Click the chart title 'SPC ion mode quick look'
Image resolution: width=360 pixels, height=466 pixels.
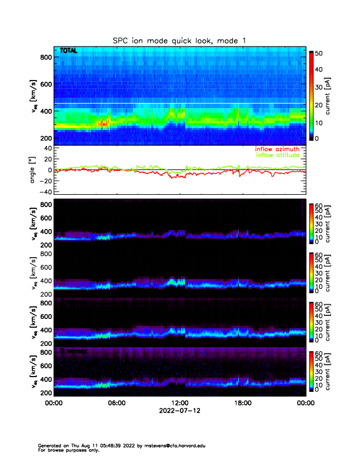pyautogui.click(x=180, y=40)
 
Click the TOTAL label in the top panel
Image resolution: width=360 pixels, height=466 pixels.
pyautogui.click(x=68, y=51)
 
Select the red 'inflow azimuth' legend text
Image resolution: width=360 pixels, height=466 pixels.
pyautogui.click(x=277, y=149)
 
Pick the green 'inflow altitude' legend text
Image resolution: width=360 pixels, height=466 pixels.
pyautogui.click(x=277, y=155)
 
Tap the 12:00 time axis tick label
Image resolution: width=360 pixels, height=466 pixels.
pyautogui.click(x=179, y=403)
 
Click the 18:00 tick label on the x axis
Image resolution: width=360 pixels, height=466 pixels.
pyautogui.click(x=242, y=403)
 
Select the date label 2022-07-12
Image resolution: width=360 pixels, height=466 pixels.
pyautogui.click(x=179, y=411)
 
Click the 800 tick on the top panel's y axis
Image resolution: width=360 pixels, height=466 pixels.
pyautogui.click(x=46, y=57)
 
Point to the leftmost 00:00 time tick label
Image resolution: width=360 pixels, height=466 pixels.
pyautogui.click(x=54, y=403)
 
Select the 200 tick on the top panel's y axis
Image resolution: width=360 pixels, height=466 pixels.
pyautogui.click(x=46, y=138)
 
